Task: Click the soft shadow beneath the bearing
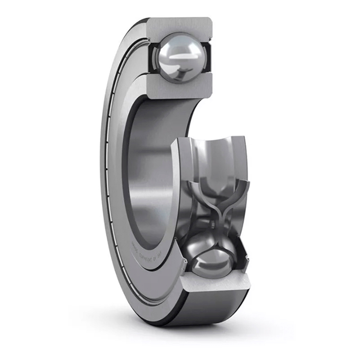tap(180, 333)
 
